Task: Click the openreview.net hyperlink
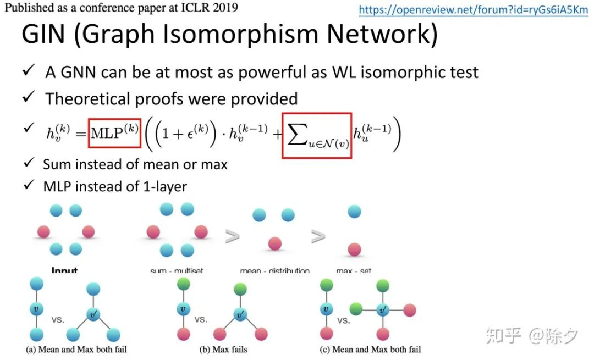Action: (473, 10)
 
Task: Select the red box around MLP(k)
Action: (114, 133)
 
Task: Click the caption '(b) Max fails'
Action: (223, 349)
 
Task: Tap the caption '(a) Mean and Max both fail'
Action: (76, 349)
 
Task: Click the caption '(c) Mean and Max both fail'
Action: (370, 349)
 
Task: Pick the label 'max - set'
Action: (354, 271)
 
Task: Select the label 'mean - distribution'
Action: (275, 271)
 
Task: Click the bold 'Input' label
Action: (64, 271)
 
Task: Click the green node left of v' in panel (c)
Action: (356, 310)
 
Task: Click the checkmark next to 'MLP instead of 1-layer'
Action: (29, 185)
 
